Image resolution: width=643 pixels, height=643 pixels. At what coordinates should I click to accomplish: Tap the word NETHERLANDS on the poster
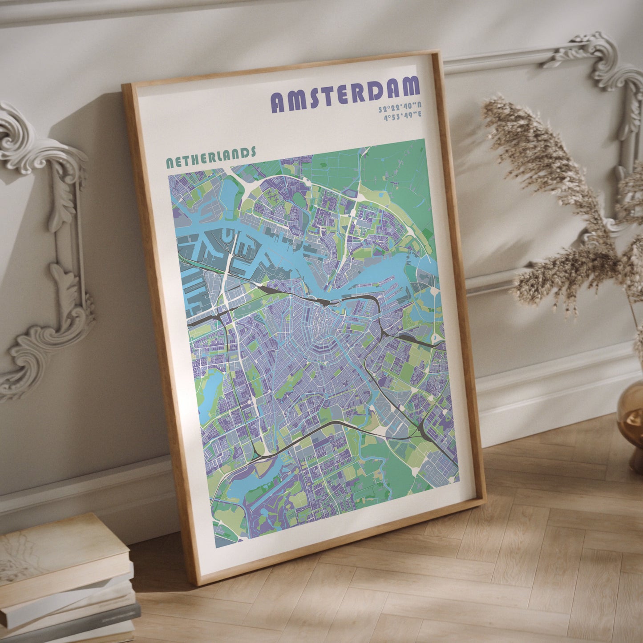211,157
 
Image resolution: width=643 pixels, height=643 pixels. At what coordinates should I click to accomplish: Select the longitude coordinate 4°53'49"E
403,117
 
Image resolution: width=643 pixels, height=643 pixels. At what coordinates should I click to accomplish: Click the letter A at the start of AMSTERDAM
279,103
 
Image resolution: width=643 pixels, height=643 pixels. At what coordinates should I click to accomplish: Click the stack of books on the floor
67,583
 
